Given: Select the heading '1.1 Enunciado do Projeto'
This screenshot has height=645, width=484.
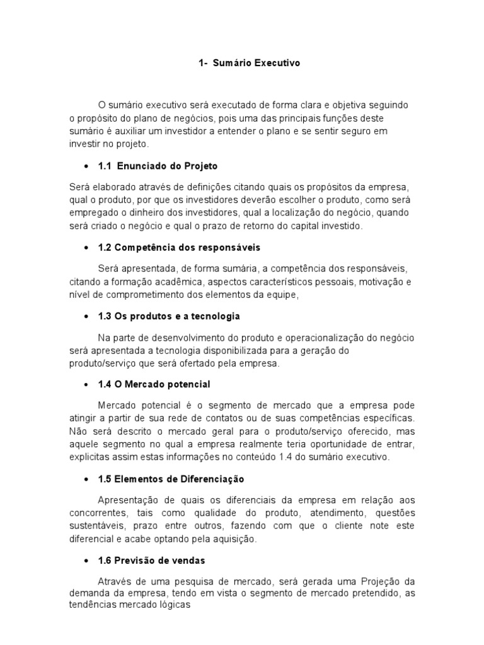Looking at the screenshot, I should point(158,166).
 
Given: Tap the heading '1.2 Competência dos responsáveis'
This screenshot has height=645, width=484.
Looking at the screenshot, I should point(179,247).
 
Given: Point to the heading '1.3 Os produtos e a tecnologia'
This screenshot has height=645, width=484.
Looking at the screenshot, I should point(169,316).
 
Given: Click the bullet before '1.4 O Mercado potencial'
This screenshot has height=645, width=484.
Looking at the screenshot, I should point(85,384).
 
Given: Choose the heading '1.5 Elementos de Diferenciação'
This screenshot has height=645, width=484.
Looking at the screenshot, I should point(171,479).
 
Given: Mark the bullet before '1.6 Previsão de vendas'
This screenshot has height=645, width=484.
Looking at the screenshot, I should point(85,561).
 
